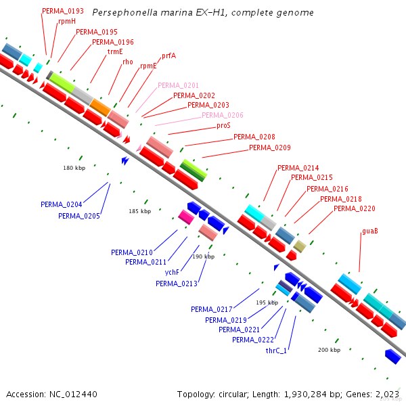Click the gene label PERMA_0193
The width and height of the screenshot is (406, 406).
coord(63,12)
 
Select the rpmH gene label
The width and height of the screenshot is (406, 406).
coord(67,22)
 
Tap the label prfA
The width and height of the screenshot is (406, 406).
coord(168,56)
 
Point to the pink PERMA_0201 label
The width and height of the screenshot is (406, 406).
coord(178,86)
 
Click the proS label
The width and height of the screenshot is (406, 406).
coord(224,126)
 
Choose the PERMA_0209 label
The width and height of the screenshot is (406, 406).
coord(270,148)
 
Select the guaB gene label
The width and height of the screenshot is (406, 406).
coord(369,231)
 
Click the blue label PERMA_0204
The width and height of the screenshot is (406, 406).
coord(61,204)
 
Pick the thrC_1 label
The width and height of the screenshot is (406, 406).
coord(276,351)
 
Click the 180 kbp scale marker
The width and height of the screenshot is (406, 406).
coord(74,168)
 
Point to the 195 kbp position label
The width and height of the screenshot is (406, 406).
coord(267,302)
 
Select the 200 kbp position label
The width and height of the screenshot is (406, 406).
coord(329,350)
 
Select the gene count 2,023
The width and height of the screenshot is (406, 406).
coord(388,394)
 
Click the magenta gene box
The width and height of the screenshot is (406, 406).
coord(185,217)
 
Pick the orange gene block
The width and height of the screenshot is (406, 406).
coord(100,107)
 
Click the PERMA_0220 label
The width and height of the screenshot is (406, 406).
coord(355,208)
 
